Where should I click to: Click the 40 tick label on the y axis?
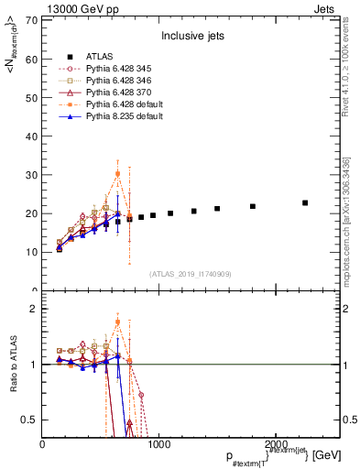click(x=32, y=136)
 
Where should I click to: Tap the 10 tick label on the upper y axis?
click(x=32, y=252)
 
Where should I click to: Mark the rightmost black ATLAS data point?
click(x=305, y=202)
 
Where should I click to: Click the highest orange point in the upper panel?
click(x=118, y=173)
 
